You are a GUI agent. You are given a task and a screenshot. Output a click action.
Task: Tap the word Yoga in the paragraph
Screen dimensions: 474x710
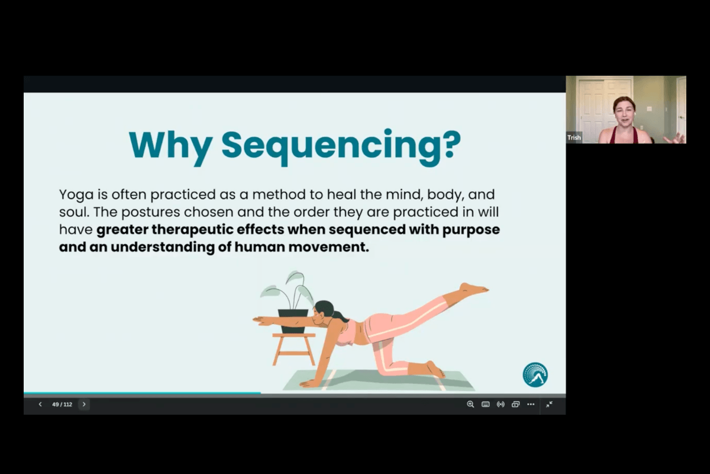(x=75, y=194)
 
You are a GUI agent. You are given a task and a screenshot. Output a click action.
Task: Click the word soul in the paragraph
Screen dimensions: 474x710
(x=73, y=212)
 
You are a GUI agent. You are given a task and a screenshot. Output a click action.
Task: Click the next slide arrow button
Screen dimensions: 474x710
(x=84, y=405)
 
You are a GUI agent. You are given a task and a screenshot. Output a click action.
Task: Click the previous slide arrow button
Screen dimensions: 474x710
(x=40, y=405)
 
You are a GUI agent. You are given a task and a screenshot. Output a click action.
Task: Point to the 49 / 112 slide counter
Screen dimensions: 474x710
(x=62, y=405)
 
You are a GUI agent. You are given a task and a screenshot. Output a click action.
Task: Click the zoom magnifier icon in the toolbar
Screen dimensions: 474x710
(x=470, y=405)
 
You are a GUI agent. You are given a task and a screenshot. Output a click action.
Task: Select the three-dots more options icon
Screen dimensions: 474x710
(x=531, y=405)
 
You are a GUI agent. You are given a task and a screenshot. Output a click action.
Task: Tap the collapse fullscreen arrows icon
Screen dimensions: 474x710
(x=549, y=405)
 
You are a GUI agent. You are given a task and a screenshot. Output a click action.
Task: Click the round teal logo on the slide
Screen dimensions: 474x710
(x=535, y=374)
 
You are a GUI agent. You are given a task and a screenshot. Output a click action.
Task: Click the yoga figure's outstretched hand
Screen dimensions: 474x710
(x=258, y=321)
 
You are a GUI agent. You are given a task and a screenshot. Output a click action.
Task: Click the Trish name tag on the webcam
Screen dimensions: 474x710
(x=574, y=137)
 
